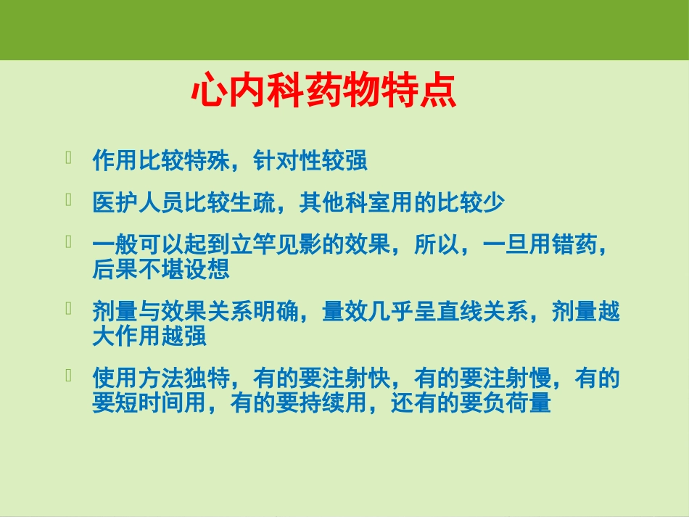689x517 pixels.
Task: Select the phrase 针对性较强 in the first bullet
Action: click(310, 160)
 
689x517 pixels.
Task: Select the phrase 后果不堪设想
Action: click(161, 269)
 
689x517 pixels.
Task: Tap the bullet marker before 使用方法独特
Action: click(68, 375)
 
